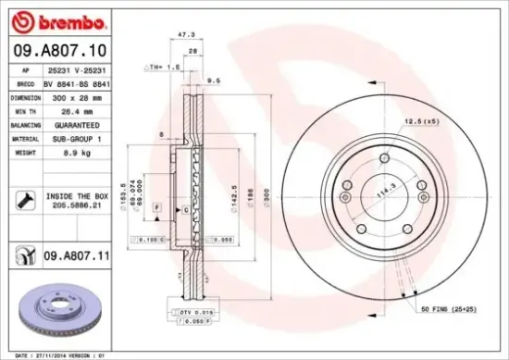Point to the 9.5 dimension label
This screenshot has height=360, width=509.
click(x=213, y=81)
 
